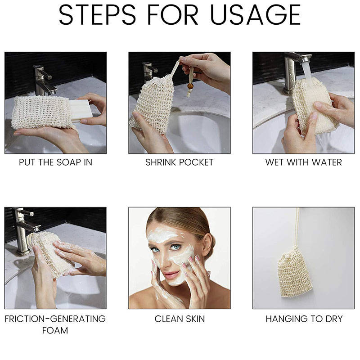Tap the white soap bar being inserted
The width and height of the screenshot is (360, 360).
pyautogui.click(x=81, y=110)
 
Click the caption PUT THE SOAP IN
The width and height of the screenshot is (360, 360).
pyautogui.click(x=55, y=162)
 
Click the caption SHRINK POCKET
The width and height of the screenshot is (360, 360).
pyautogui.click(x=179, y=162)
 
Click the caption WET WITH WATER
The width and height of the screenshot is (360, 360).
pyautogui.click(x=303, y=162)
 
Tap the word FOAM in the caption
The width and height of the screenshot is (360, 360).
pyautogui.click(x=55, y=330)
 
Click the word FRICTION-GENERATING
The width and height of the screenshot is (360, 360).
pyautogui.click(x=55, y=319)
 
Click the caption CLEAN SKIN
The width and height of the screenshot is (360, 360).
pyautogui.click(x=179, y=319)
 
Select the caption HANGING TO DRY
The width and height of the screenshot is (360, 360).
pyautogui.click(x=303, y=319)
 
